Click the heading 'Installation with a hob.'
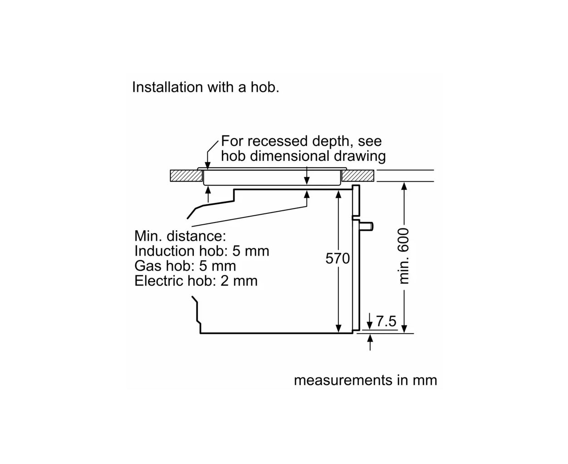coord(206,87)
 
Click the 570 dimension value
coord(338,258)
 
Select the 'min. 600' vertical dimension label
coord(403,256)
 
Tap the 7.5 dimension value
coord(386,321)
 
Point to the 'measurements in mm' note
coord(366,380)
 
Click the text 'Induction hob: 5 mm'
coord(202,251)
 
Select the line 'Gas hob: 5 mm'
coord(185,266)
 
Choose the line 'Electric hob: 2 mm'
coord(196,281)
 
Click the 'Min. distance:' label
coord(180,236)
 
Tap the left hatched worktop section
coord(186,176)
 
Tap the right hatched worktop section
coord(357,176)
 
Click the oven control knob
coord(367,226)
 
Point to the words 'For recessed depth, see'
coord(301,141)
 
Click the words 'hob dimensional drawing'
coord(303,156)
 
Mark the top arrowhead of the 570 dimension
coord(338,194)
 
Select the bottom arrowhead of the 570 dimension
coord(338,329)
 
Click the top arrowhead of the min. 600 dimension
coord(404,186)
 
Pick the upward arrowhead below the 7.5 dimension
coord(370,338)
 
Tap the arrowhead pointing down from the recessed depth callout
coord(207,166)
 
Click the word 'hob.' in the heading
coord(265,87)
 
